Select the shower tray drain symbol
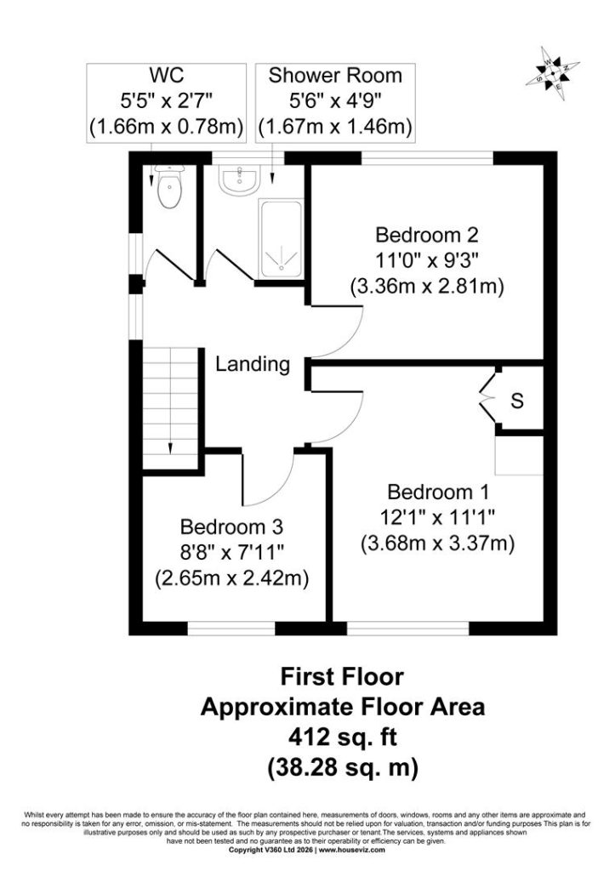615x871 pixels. (280, 260)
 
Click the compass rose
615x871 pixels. (553, 73)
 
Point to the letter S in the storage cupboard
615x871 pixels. (517, 401)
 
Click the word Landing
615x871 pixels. (253, 364)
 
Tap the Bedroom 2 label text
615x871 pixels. (427, 235)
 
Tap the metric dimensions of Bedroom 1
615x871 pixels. (438, 544)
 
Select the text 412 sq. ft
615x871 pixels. (342, 737)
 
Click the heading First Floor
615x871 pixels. (342, 676)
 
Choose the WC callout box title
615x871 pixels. (166, 75)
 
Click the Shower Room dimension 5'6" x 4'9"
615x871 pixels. (335, 100)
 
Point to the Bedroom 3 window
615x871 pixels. (231, 629)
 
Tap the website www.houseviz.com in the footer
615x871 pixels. (351, 850)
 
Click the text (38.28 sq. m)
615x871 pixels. (342, 768)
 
